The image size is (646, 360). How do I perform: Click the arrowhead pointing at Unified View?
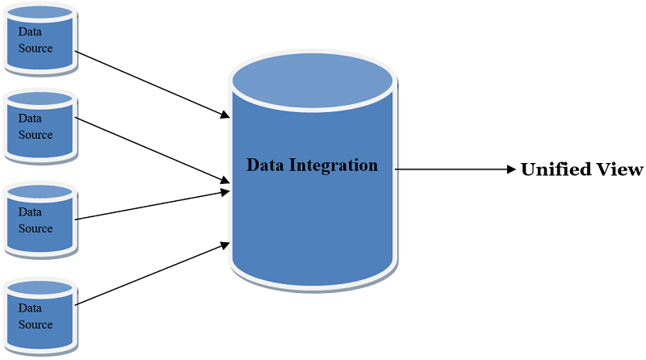510,170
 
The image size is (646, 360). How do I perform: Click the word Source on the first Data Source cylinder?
36,48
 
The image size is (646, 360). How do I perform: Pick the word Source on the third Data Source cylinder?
36,228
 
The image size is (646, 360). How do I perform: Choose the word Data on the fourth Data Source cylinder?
30,308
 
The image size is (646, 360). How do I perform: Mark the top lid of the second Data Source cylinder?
40,99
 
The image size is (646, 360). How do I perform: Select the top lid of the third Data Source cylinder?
40,193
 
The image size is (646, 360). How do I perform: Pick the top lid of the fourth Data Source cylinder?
40,287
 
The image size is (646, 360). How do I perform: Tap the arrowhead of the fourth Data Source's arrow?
225,244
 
